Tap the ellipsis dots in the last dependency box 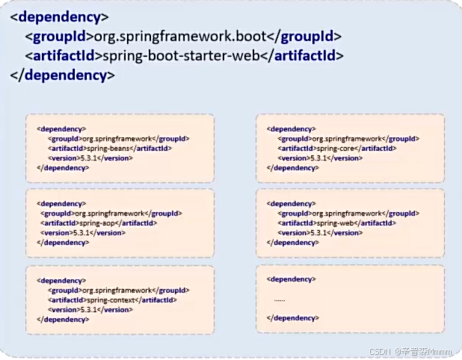[280, 299]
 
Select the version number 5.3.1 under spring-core [316, 158]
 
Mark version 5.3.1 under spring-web [316, 232]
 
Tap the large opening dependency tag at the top [61, 16]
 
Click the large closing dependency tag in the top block [63, 75]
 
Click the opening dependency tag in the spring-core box [291, 128]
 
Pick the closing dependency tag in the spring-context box [63, 319]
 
